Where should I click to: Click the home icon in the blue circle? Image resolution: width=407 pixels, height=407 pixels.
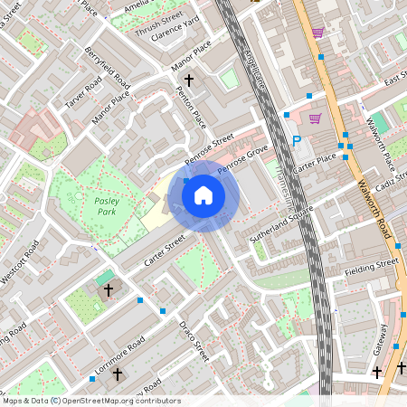click(203, 195)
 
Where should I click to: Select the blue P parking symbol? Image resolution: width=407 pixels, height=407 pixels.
click(297, 141)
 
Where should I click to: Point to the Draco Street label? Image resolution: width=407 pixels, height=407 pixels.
click(194, 339)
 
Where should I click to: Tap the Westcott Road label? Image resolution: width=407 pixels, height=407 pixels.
click(19, 262)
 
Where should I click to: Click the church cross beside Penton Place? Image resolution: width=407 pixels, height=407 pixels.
click(188, 80)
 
